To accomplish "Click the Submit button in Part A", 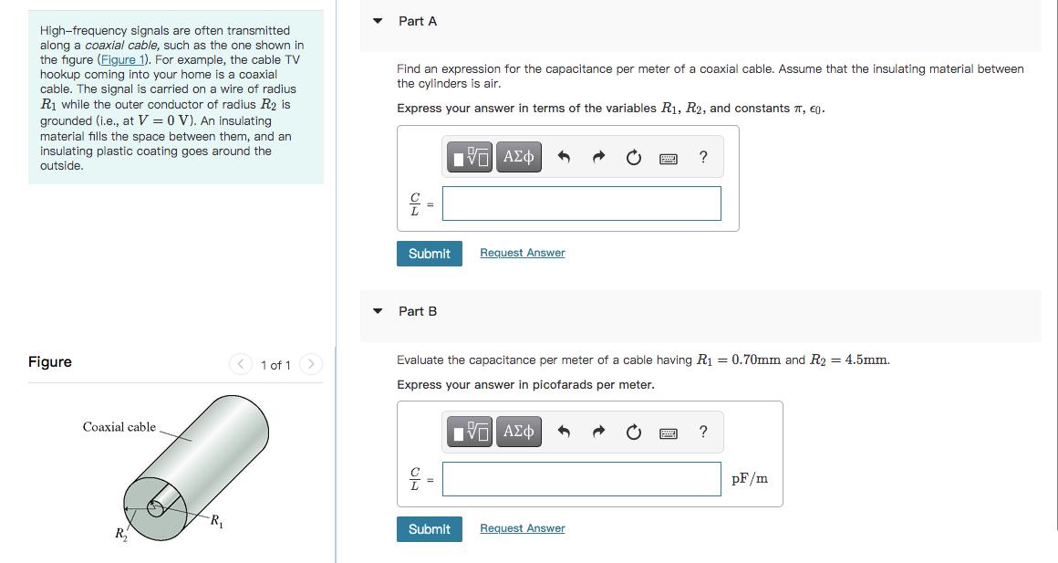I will coord(429,254).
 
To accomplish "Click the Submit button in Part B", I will coord(429,529).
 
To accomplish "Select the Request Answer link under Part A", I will coord(522,253).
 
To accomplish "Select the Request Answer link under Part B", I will coord(522,528).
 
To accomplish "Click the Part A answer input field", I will coord(581,203).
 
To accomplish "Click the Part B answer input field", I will coord(581,479).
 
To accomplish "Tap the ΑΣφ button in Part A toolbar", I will coord(519,157).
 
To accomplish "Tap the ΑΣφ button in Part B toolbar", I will coord(519,432).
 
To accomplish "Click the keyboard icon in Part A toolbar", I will coord(668,159).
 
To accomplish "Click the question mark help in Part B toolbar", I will coord(702,432).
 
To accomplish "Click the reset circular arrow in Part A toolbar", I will coord(634,158).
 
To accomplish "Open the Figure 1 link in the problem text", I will coord(125,59).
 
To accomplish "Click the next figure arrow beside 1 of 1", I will coord(311,365).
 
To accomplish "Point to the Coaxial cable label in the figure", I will coord(119,427).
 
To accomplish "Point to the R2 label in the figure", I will coord(120,534).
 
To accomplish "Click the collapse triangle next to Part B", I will coord(378,311).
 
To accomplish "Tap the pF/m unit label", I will coord(750,479).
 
